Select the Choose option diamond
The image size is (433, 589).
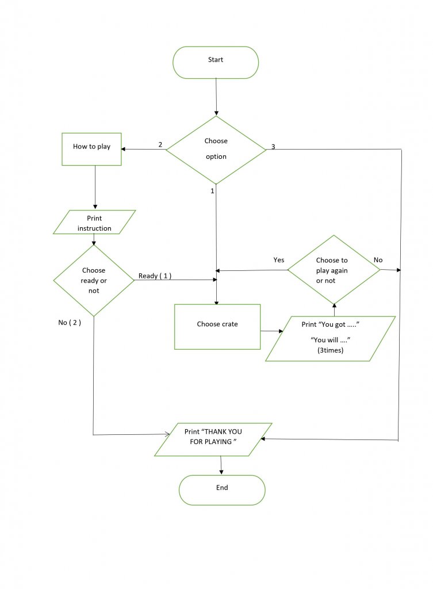tap(216, 150)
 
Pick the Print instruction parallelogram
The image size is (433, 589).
tap(94, 223)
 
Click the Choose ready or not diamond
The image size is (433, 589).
tap(94, 281)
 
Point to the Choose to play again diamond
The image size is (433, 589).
tap(334, 270)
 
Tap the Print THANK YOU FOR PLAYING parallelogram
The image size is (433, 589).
tap(213, 440)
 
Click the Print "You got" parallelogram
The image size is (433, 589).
tap(331, 338)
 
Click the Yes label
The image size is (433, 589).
tap(279, 260)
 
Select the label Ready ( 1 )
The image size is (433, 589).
tap(155, 276)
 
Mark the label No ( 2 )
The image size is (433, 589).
tap(70, 322)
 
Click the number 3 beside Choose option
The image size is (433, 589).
tap(273, 147)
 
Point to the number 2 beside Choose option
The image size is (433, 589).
tap(160, 144)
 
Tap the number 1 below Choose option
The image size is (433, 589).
tap(212, 190)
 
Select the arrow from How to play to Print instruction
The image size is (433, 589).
tap(95, 188)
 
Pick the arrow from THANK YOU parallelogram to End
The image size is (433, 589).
tap(221, 465)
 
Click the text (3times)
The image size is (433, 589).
tap(330, 350)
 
